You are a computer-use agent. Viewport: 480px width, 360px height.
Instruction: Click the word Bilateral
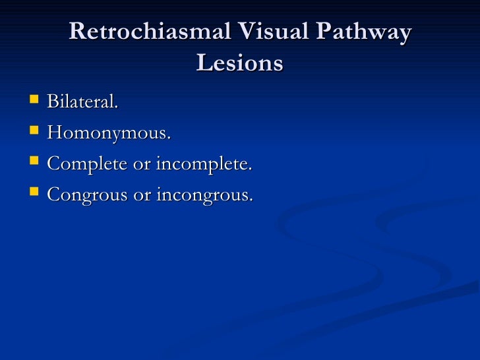(x=83, y=102)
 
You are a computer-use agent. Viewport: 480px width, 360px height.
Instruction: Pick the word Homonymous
(x=109, y=133)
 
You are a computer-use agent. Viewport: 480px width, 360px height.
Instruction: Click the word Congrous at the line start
(x=88, y=196)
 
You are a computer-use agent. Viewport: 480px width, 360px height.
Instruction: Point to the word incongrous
(x=204, y=196)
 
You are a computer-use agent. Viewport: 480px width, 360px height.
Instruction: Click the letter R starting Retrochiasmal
(x=77, y=32)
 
